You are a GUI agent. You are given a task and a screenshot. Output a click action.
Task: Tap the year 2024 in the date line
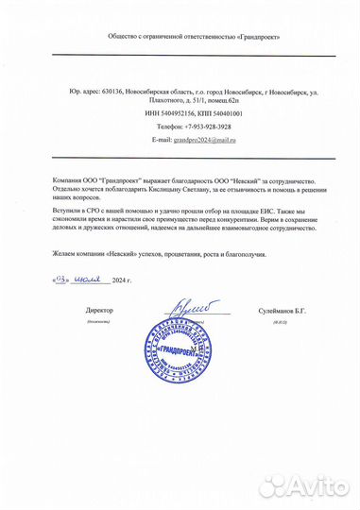[119, 281]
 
